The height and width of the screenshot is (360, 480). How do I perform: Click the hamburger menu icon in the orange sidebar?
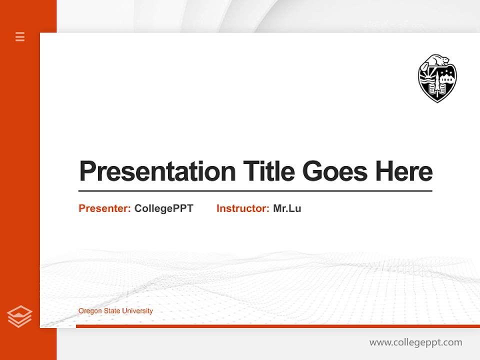(20, 36)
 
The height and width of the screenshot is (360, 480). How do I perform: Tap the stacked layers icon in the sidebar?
(19, 316)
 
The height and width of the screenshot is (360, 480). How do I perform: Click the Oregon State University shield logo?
(437, 78)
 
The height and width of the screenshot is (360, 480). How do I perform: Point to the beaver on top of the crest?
(438, 60)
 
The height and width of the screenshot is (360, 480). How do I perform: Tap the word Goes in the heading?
(335, 171)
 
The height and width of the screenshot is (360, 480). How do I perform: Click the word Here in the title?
(404, 171)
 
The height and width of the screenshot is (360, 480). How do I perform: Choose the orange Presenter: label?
(105, 208)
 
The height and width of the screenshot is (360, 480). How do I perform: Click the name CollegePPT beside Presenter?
(163, 208)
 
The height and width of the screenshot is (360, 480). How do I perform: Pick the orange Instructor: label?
(243, 208)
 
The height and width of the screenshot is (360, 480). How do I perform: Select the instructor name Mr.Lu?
(287, 208)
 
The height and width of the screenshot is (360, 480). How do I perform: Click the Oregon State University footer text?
(115, 311)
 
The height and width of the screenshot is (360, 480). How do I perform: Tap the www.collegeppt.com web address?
(415, 342)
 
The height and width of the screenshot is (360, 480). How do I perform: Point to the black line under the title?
(255, 190)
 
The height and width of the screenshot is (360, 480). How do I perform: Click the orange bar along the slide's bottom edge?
(277, 326)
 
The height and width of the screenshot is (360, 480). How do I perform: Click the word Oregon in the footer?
(89, 311)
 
